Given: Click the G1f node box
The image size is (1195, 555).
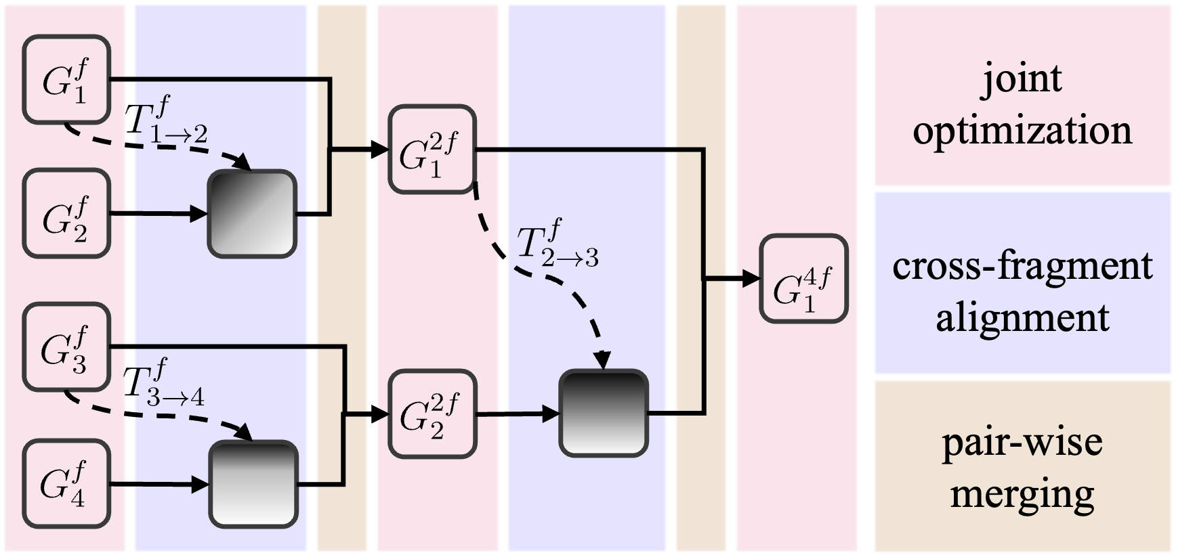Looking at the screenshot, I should (x=66, y=80).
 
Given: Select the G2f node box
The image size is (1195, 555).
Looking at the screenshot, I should (x=66, y=214).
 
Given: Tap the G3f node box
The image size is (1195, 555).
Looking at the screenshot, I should (x=66, y=347).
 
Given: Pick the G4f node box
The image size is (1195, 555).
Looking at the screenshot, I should (x=66, y=483).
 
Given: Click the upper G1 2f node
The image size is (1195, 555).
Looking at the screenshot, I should (x=432, y=150).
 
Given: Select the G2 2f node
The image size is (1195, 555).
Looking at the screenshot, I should (x=432, y=414).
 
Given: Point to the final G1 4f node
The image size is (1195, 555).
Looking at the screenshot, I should (x=803, y=278).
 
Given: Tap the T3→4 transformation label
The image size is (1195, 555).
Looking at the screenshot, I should (x=165, y=384).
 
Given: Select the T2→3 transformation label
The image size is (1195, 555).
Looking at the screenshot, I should (x=558, y=244).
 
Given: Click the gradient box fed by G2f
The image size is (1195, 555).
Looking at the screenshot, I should (x=252, y=214).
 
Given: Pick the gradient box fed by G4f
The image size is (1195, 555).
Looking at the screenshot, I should (x=253, y=484).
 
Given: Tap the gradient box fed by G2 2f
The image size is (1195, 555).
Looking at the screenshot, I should (x=603, y=413).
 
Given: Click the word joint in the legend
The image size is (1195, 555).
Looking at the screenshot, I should (x=1022, y=80).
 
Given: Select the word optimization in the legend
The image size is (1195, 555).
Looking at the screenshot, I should (x=1022, y=131).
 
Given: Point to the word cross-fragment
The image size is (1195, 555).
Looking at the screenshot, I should (x=1022, y=266).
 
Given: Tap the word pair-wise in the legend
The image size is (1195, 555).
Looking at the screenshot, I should (x=1022, y=443).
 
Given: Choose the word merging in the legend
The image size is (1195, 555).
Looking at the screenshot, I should (x=1022, y=495).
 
